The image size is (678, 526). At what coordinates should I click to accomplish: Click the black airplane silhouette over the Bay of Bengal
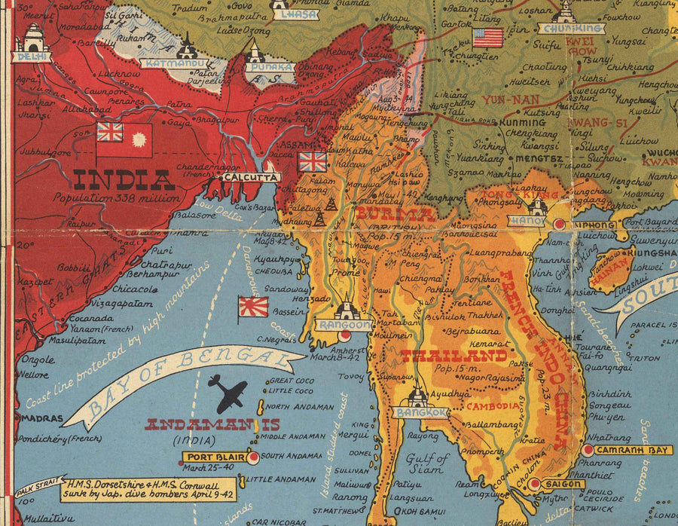[228, 391]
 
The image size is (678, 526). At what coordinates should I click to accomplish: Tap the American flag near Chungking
[487, 38]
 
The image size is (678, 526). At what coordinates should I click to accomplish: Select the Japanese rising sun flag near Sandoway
[253, 306]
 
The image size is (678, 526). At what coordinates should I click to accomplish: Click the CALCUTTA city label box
[251, 177]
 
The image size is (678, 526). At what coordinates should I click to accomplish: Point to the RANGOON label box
[347, 325]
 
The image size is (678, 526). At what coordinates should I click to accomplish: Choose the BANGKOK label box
[420, 412]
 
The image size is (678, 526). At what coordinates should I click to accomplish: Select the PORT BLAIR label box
[214, 457]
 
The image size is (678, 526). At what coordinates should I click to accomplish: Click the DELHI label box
[32, 57]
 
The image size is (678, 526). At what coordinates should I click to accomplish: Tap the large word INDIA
[124, 179]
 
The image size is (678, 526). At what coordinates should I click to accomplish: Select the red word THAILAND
[453, 356]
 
